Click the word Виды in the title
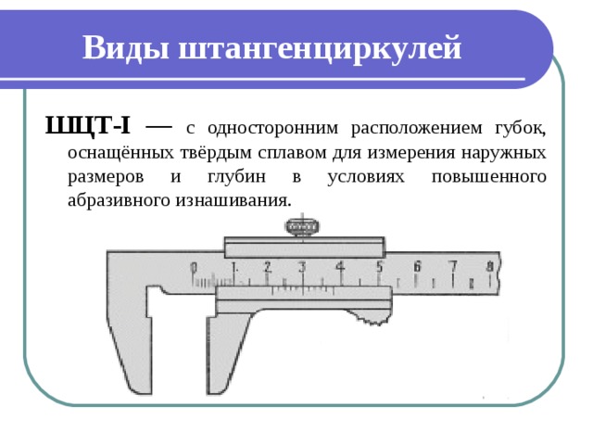[x=126, y=48]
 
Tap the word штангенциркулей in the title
[x=320, y=49]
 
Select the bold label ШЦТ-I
[x=87, y=125]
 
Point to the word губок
[x=521, y=128]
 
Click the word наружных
[x=503, y=153]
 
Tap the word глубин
[x=236, y=177]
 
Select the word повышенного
[x=489, y=177]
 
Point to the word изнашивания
[x=233, y=200]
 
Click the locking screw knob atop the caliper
[x=302, y=227]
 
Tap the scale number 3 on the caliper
[x=302, y=267]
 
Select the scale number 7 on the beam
[x=453, y=266]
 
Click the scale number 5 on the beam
[x=379, y=267]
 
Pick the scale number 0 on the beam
[x=194, y=268]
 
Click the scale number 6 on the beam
[x=417, y=266]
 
